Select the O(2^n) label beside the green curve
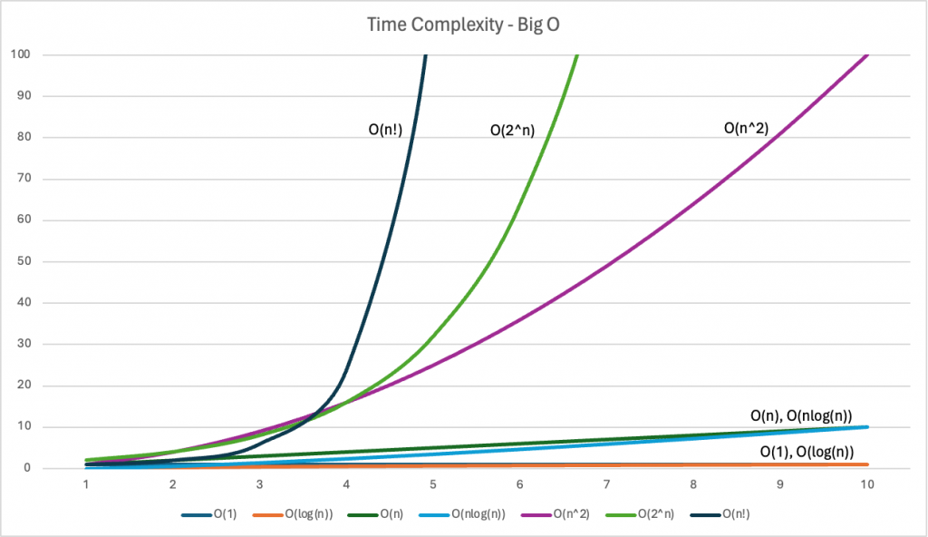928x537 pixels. [x=506, y=131]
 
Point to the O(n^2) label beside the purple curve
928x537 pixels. [x=746, y=129]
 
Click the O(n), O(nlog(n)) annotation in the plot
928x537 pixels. [x=800, y=415]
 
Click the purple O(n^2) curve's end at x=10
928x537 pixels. [x=866, y=55]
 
